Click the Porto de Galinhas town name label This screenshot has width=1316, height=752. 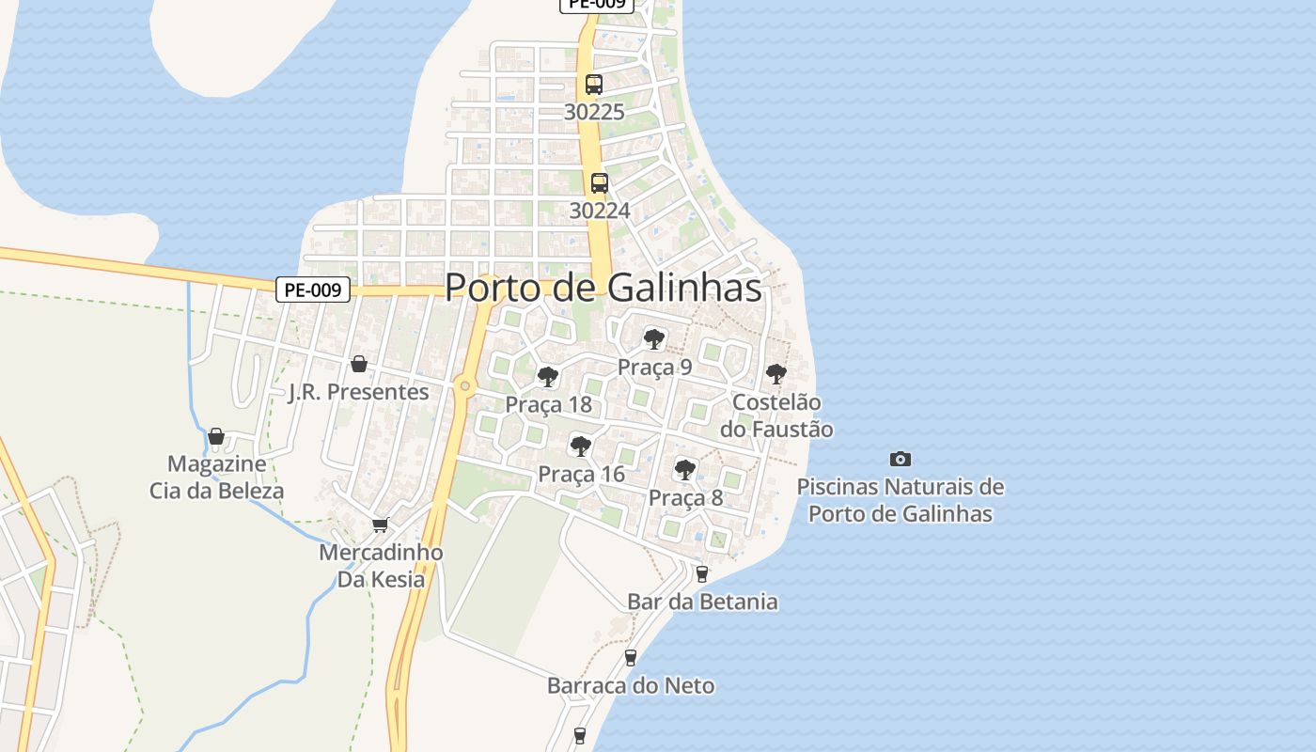[603, 288]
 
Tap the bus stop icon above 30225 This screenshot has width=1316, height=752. [594, 84]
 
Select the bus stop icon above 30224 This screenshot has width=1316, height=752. [600, 182]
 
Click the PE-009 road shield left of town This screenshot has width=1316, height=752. [313, 290]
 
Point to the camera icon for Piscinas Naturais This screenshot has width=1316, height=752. [901, 459]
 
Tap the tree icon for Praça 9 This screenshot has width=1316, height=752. [654, 338]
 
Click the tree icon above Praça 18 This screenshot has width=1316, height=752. [548, 377]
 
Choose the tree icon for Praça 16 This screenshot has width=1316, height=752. [581, 446]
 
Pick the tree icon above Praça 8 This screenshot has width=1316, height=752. [685, 469]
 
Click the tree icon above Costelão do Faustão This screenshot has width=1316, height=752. [776, 373]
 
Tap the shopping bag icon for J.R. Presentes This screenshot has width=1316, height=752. [358, 364]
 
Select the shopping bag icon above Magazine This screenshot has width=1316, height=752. [216, 436]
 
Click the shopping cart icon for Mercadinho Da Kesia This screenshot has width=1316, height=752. [381, 525]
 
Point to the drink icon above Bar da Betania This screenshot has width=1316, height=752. [701, 573]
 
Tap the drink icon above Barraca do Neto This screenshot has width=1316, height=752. [631, 657]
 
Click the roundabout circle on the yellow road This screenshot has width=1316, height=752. [464, 385]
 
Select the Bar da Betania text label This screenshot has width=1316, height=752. [702, 602]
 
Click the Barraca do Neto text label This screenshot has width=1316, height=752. [631, 686]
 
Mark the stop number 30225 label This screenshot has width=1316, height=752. [594, 112]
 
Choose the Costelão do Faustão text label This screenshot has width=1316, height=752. [776, 415]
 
